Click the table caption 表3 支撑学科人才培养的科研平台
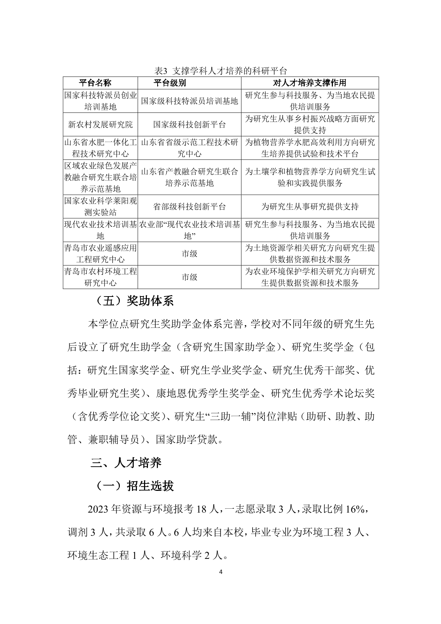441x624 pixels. (220, 70)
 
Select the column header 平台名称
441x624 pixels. (95, 83)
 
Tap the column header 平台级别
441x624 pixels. (170, 83)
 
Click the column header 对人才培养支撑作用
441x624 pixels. (309, 83)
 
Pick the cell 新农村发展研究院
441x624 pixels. (100, 125)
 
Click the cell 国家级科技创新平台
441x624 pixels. (189, 125)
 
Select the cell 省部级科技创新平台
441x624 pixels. (189, 207)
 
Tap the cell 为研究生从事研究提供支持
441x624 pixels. (310, 207)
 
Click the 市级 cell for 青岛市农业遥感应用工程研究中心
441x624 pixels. (189, 254)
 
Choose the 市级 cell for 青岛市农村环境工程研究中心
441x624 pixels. (189, 277)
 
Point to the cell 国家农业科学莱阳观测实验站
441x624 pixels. (100, 207)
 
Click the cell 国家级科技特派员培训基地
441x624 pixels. (189, 101)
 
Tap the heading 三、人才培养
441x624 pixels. (126, 462)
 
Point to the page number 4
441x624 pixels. (220, 572)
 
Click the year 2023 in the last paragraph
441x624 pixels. (98, 510)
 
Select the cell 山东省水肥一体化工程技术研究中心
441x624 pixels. (100, 148)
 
